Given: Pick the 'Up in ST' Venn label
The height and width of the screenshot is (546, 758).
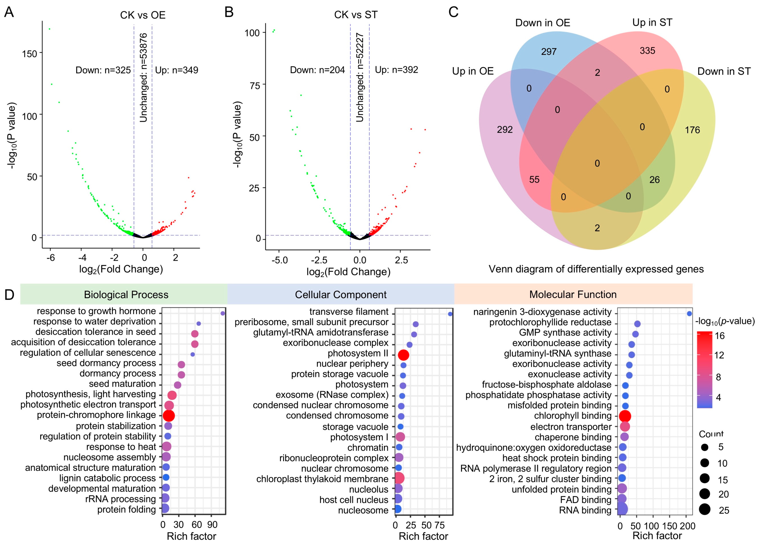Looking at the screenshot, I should click(652, 22).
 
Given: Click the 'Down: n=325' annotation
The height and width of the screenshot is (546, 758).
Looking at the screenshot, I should click(103, 70).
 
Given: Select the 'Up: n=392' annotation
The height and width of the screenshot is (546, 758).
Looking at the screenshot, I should click(396, 70).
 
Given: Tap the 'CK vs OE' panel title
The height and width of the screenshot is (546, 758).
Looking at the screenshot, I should click(143, 15).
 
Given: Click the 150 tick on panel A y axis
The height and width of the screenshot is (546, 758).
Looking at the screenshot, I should click(29, 53).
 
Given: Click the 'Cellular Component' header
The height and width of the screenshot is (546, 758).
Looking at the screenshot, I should click(341, 295).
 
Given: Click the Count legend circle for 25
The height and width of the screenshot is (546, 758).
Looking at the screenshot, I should click(705, 510).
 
